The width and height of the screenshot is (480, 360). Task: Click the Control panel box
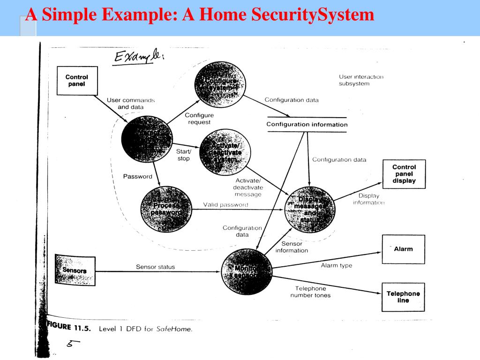[76, 81]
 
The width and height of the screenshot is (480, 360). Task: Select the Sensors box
[75, 270]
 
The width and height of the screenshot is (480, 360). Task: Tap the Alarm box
[403, 249]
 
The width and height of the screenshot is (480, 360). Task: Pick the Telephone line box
[403, 297]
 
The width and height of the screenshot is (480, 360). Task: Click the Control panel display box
[404, 174]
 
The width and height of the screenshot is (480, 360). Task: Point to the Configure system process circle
[219, 85]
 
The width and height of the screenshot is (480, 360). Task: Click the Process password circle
[166, 209]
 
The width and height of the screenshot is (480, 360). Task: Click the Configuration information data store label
[307, 125]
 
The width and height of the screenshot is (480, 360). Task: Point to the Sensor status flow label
[155, 267]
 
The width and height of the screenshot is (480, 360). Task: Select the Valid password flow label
[225, 205]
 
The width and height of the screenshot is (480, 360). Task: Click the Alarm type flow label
[336, 266]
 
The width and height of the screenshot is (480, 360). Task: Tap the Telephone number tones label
[310, 292]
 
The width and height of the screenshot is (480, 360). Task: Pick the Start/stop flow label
[183, 155]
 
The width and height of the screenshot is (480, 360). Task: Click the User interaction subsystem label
[360, 80]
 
